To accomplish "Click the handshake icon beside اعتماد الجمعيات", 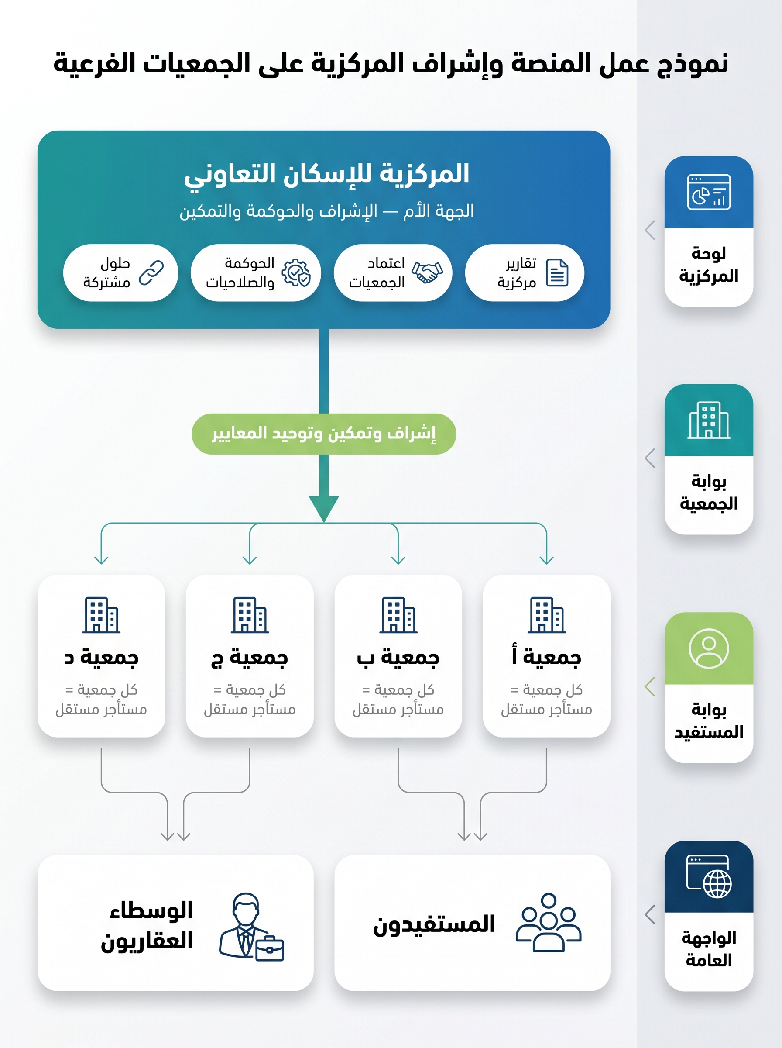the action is click(427, 272).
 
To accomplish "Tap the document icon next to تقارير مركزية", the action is click(557, 272).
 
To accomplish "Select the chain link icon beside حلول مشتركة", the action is click(151, 273).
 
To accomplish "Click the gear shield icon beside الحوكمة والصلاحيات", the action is click(296, 272).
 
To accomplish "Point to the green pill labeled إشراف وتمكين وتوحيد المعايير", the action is click(324, 434).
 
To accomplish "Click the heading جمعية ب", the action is click(398, 657).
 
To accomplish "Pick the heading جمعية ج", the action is click(250, 657).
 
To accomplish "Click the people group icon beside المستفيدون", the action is click(549, 922).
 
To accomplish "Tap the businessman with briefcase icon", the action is click(251, 927).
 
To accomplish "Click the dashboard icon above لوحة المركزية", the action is click(709, 192).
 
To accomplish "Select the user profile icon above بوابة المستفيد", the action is click(709, 648).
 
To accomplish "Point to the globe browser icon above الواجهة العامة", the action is click(709, 876).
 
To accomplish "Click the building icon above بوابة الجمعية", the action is click(709, 420).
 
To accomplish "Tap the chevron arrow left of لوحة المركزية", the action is click(650, 230).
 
